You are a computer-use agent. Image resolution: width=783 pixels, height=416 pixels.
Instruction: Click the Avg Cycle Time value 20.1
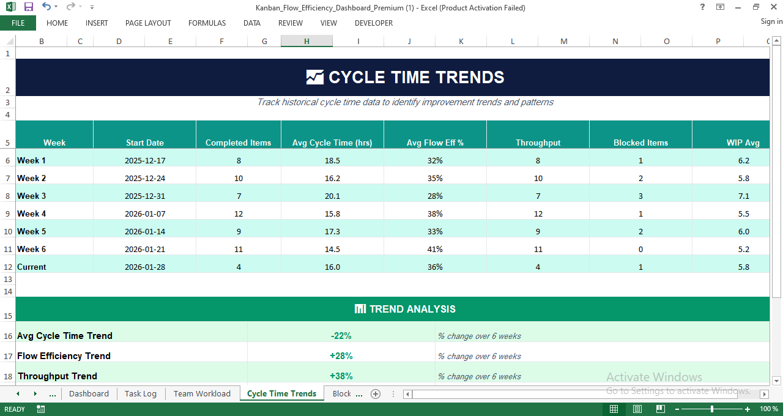pos(332,196)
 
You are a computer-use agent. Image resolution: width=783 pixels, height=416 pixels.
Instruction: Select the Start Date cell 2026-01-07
pos(145,214)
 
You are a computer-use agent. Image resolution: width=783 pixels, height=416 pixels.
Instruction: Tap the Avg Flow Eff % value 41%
pos(435,249)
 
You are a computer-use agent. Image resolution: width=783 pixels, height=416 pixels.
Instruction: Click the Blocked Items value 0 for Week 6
pos(640,249)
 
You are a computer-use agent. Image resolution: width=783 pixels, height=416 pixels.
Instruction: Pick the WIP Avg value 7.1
pos(744,196)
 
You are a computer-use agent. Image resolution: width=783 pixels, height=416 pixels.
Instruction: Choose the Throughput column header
pos(538,143)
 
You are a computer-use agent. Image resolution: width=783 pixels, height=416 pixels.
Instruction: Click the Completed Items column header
pos(238,143)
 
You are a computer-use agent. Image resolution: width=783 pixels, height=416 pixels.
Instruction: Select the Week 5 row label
pos(32,231)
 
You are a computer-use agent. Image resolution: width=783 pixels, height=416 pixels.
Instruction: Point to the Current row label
pos(32,267)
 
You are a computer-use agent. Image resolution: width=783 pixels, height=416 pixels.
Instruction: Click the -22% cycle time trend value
pos(341,336)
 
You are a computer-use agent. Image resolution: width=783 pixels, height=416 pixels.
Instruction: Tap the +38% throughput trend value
pos(341,376)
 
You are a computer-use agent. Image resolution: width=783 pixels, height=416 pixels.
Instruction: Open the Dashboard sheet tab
pos(89,393)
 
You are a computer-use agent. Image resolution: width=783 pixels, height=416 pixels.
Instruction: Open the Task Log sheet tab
pos(141,393)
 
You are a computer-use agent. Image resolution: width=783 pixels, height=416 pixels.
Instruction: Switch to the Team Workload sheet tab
pos(202,393)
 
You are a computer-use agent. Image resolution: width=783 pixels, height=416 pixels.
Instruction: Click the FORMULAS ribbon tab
pos(207,23)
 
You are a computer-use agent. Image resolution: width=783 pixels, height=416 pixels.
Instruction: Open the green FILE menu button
pos(18,23)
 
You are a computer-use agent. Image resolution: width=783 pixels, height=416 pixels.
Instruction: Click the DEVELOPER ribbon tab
pos(373,23)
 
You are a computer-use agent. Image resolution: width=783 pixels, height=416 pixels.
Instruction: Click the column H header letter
pos(306,41)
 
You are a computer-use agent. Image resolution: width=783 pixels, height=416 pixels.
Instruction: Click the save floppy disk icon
pos(28,7)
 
